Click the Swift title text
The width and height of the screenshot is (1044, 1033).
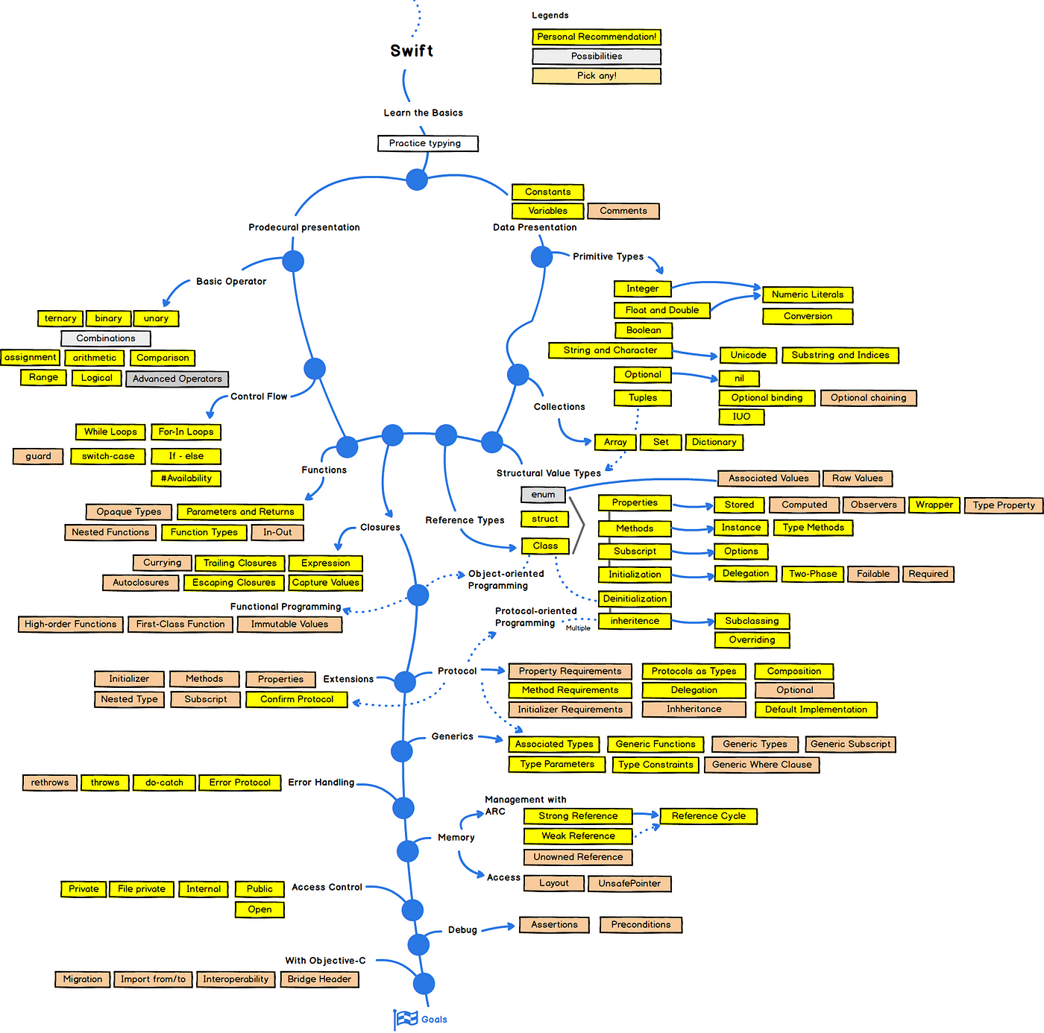412,51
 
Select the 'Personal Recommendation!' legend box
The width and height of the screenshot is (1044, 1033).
597,37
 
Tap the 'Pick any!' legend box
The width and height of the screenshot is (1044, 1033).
597,75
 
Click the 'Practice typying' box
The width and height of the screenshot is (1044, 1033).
427,143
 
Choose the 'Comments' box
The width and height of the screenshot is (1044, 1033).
623,211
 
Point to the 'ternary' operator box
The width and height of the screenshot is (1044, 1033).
60,318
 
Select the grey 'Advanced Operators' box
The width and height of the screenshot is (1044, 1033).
177,379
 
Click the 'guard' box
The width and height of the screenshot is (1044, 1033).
38,456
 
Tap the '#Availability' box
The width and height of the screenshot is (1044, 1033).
186,478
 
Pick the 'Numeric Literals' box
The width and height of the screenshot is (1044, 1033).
808,294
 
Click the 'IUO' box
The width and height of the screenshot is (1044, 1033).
741,417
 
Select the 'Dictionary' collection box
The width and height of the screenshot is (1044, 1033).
714,442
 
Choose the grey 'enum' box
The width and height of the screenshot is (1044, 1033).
543,494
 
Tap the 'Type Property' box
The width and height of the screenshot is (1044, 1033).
1004,505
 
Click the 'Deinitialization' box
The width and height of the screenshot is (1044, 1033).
635,598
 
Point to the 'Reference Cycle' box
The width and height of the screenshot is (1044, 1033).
708,816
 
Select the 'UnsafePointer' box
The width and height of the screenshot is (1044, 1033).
629,883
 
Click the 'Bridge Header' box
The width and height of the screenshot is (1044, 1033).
319,979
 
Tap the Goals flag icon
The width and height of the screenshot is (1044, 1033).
406,1019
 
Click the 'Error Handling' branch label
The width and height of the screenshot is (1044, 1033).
321,783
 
